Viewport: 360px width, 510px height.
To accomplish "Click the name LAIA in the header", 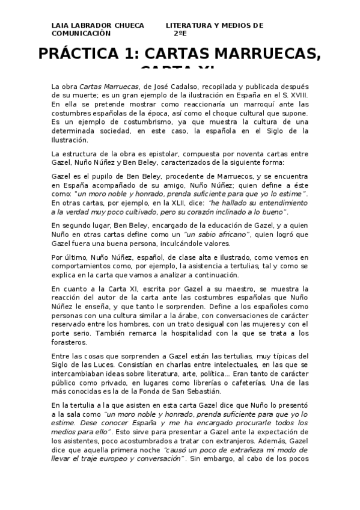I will point(60,25).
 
